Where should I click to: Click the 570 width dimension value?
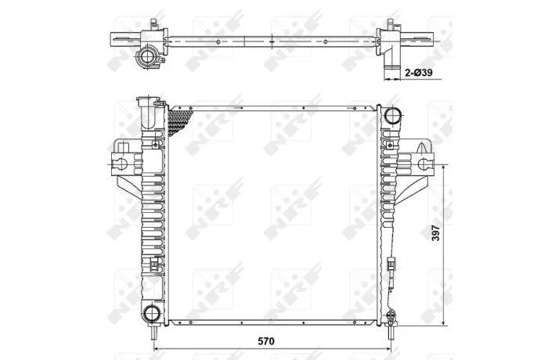(x=266, y=340)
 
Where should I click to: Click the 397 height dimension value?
(x=435, y=232)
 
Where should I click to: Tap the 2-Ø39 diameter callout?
(x=419, y=73)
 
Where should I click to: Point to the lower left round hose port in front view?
(x=151, y=312)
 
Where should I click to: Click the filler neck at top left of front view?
(x=149, y=113)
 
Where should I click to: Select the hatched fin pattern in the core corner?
(x=178, y=121)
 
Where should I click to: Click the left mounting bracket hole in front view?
(x=121, y=164)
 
